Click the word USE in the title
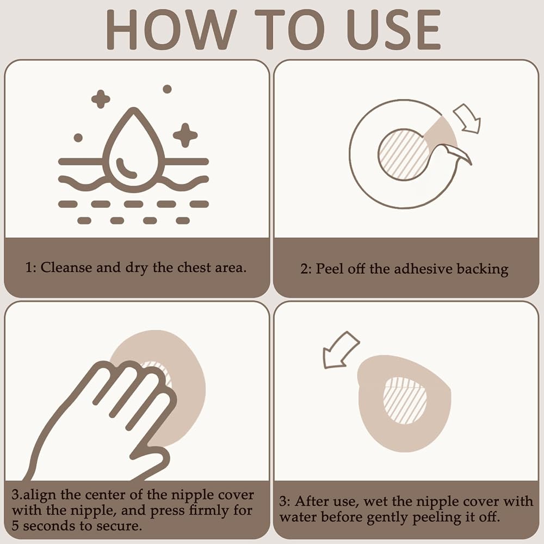pos(394,30)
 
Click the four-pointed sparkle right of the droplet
pos(186,135)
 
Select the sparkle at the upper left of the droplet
pos(101,99)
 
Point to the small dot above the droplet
pos(167,89)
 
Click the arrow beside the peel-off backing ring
pos(467,118)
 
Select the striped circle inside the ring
pos(403,154)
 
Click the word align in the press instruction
pos(40,495)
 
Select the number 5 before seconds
pos(15,526)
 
